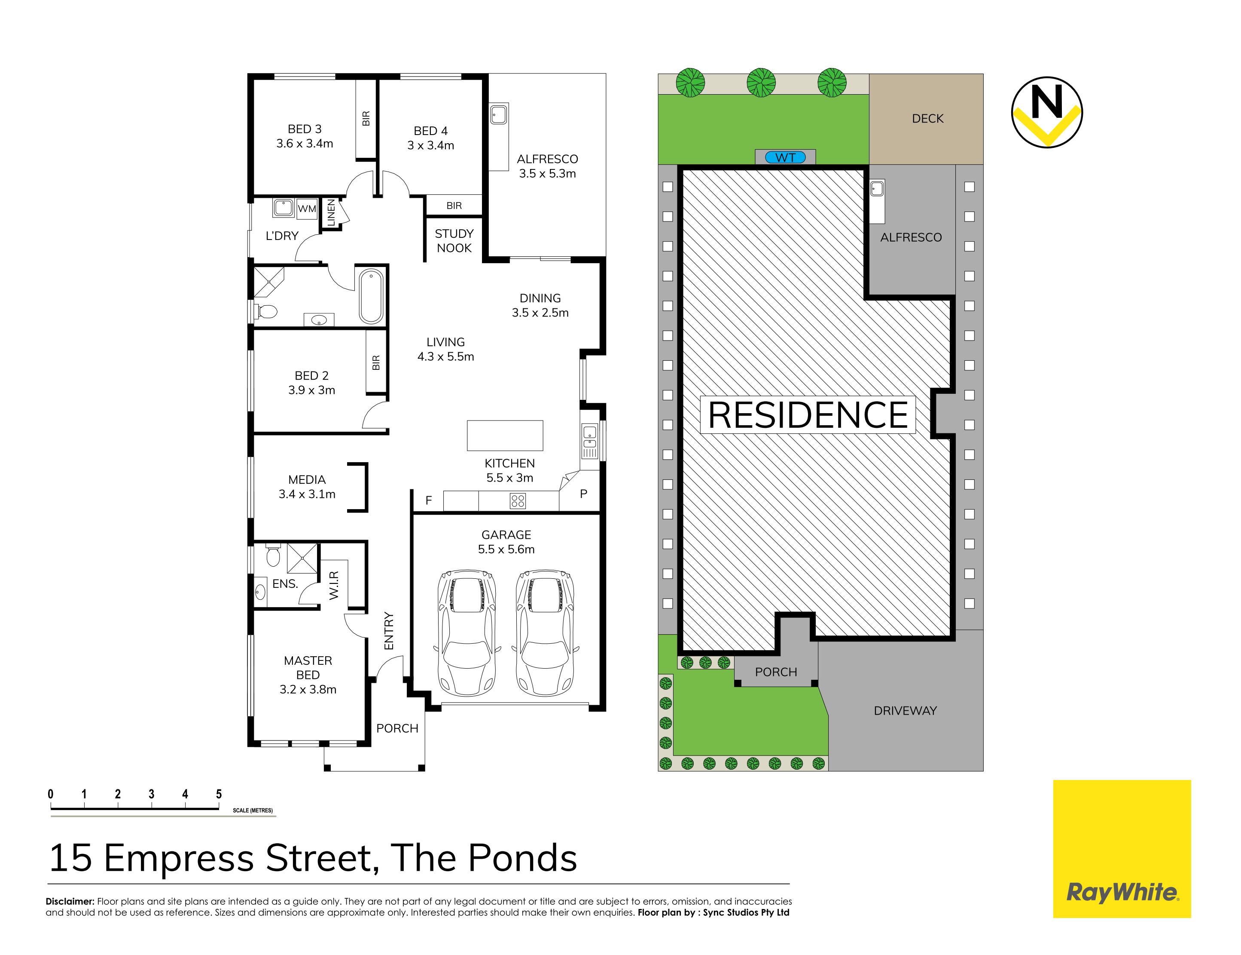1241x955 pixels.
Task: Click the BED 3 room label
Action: point(305,136)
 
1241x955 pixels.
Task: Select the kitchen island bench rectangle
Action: point(505,436)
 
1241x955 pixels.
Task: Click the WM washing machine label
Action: point(307,209)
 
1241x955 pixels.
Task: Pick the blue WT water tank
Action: point(786,157)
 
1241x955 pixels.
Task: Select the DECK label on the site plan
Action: point(927,119)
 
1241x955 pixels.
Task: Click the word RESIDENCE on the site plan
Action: point(808,415)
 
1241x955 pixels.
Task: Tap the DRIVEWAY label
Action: point(905,711)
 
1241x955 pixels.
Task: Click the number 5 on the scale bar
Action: point(219,794)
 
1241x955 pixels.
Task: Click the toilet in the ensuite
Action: point(273,555)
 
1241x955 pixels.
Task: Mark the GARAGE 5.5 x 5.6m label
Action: point(506,542)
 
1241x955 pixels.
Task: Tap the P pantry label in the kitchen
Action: point(583,494)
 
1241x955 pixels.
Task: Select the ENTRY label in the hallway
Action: point(388,631)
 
